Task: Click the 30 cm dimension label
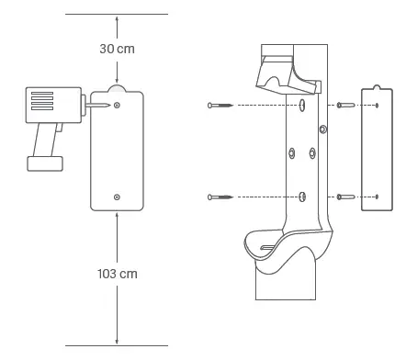coord(117,49)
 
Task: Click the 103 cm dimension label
coord(118,274)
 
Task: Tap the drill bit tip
coord(109,106)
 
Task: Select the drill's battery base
coord(45,163)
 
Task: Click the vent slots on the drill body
coord(42,101)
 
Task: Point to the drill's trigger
coord(60,128)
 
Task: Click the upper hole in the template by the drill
coord(117,106)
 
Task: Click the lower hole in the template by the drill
coord(117,197)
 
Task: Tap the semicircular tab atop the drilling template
coord(117,88)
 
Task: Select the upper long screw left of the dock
coord(220,106)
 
